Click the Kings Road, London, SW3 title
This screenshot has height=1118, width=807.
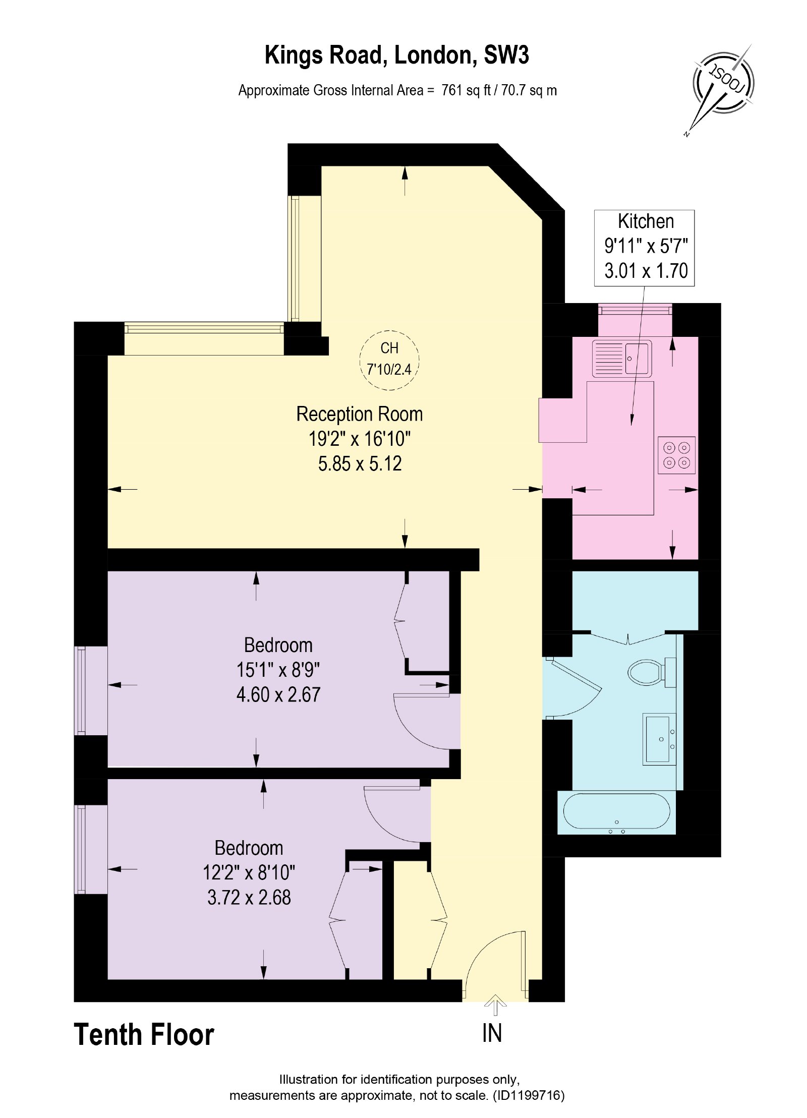pos(396,55)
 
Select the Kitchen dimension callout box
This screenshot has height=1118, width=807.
pos(644,248)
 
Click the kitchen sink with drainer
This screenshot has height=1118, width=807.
pos(621,359)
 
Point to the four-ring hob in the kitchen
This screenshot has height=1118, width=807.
pos(676,455)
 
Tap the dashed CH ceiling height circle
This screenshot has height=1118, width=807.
pos(389,360)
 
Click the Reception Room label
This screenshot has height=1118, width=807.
pos(359,414)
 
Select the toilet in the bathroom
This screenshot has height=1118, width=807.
pos(651,672)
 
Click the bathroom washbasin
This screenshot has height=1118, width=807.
pos(659,739)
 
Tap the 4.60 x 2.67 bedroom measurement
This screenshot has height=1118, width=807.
pos(278,695)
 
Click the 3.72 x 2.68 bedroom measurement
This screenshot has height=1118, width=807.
pos(249,898)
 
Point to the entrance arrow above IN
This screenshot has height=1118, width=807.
pos(495,1005)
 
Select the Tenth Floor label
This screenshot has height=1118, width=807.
pos(144,1035)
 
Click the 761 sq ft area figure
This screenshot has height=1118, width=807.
pos(466,91)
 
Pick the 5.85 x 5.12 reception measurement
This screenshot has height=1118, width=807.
pos(360,464)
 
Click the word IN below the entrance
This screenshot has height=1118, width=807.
pos(492,1034)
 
